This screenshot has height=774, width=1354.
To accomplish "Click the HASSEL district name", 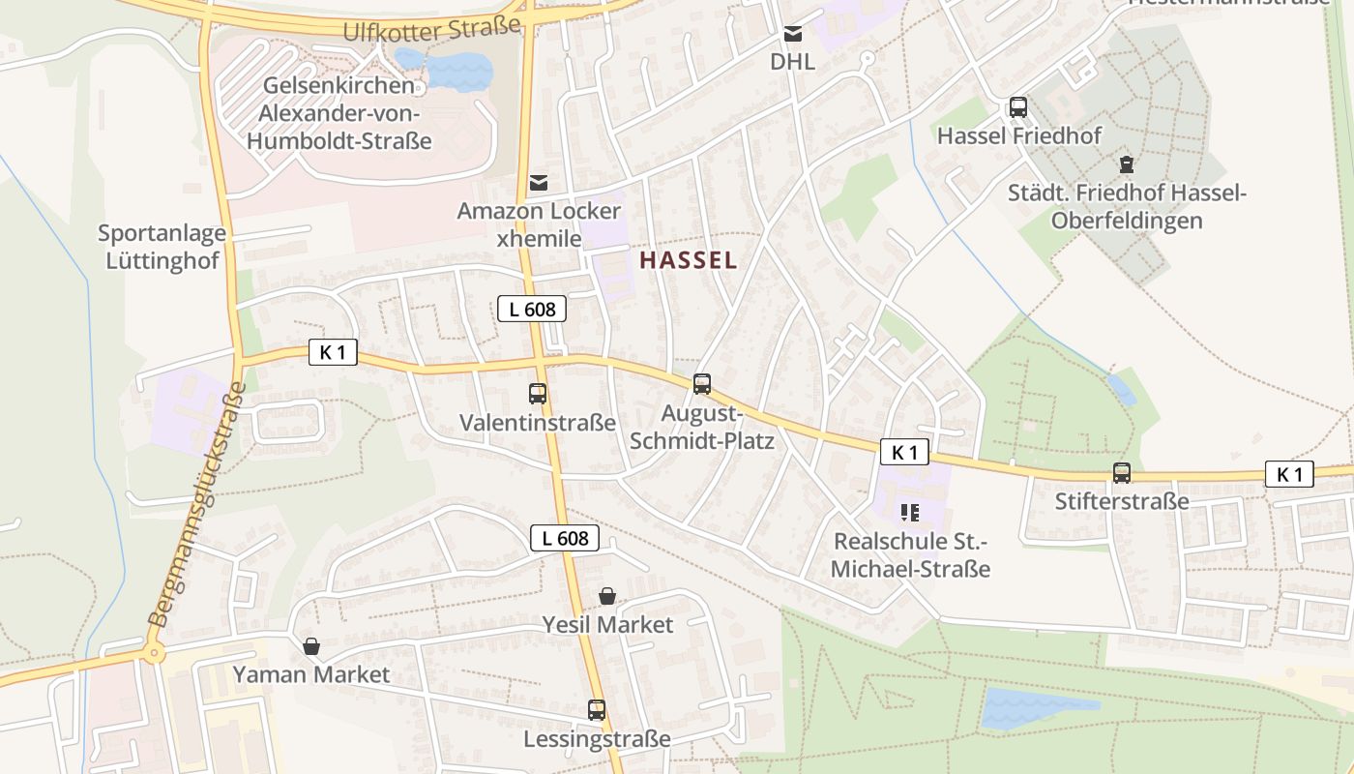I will tap(688, 260).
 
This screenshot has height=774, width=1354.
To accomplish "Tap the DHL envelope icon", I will tap(793, 35).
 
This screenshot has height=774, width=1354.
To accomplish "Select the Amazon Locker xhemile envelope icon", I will tap(539, 182).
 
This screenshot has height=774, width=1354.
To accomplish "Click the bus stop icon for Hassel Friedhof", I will tap(1018, 107).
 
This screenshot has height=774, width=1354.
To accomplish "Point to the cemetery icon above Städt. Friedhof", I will tap(1126, 164).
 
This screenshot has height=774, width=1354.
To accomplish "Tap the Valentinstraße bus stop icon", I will tap(538, 394).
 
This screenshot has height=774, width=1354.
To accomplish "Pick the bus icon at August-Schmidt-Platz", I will tap(702, 384).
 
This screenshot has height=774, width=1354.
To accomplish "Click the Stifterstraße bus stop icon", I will tap(1122, 473).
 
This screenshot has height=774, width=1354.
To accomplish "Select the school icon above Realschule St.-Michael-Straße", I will tap(909, 512).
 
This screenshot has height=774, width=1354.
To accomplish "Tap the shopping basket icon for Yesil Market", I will tap(607, 596).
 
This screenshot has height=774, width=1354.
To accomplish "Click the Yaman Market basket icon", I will tap(311, 645).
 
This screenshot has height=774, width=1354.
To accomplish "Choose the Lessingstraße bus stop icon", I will tap(597, 710).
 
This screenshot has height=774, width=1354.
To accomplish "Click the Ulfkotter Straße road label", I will tap(431, 30).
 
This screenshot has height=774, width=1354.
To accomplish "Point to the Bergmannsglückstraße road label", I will tap(197, 503).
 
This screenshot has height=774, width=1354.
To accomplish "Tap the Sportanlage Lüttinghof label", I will tap(162, 247).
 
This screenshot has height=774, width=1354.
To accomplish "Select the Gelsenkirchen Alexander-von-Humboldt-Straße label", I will tap(338, 113).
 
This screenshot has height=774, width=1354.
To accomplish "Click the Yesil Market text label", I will tap(607, 625).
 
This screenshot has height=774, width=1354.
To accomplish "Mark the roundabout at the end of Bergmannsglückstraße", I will tap(153, 653).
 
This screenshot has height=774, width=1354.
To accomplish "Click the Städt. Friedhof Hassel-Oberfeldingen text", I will tap(1127, 206).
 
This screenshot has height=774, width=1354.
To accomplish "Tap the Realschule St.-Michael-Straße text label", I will tap(911, 554).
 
